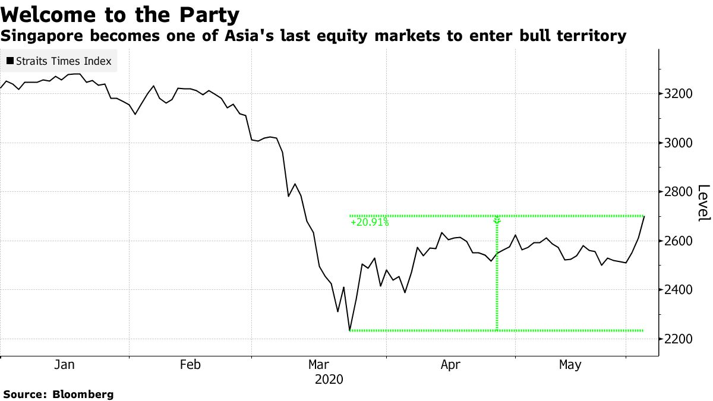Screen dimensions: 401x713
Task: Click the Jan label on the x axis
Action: coord(64,365)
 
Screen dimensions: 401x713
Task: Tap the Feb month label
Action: coord(190,365)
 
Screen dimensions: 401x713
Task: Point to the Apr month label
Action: coord(450,365)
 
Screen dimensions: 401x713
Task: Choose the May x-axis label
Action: coord(570,365)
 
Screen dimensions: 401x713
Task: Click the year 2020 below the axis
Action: coord(329,378)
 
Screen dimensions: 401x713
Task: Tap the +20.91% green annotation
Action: coord(370,223)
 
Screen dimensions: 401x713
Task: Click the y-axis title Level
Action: coord(703,203)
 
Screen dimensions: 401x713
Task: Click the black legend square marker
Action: coord(10,61)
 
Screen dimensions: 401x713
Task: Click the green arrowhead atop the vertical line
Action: coord(497,220)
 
